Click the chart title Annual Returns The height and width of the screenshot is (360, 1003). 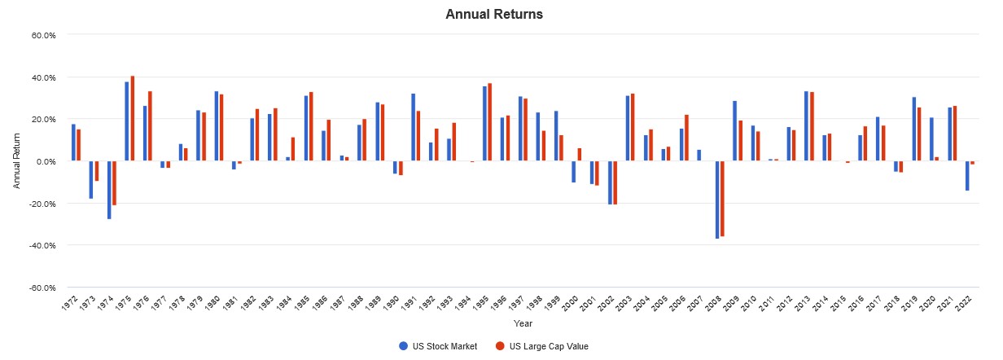pyautogui.click(x=494, y=14)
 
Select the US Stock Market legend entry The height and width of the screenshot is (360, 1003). pyautogui.click(x=440, y=346)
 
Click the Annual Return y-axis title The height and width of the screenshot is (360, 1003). pyautogui.click(x=17, y=161)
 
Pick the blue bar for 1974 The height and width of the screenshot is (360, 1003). pyautogui.click(x=109, y=190)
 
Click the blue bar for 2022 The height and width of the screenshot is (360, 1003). pyautogui.click(x=967, y=176)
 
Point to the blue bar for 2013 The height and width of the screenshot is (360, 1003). pyautogui.click(x=806, y=126)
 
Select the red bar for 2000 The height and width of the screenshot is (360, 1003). pyautogui.click(x=580, y=155)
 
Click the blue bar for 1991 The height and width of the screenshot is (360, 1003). pyautogui.click(x=413, y=127)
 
